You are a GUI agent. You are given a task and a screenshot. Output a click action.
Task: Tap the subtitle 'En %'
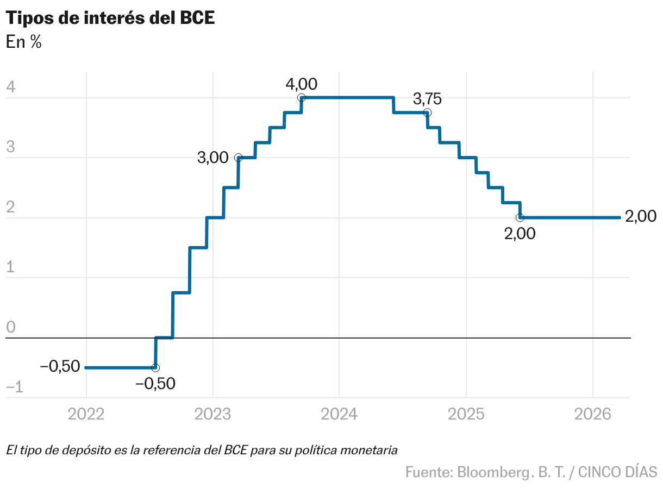(23, 42)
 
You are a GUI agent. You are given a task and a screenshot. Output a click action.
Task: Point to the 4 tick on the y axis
(10, 87)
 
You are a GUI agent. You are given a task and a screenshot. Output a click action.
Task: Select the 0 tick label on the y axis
(10, 327)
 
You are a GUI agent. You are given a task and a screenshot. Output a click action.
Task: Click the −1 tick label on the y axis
(14, 387)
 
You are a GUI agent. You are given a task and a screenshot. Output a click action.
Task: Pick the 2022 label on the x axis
(86, 415)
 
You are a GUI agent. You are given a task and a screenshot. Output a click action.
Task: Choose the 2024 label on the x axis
(339, 415)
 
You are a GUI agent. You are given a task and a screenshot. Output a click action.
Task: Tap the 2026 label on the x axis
(592, 415)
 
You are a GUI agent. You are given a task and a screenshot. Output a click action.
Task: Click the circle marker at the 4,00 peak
(302, 98)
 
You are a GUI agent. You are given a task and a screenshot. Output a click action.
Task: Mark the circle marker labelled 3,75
(427, 112)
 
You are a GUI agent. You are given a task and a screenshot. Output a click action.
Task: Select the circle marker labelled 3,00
(238, 158)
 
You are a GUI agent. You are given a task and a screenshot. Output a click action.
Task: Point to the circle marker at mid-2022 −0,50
(155, 368)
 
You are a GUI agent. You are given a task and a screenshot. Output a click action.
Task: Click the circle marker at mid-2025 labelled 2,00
(520, 217)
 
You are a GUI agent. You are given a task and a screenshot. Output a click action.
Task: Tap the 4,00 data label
(301, 84)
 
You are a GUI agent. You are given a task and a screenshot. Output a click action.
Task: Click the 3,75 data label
(427, 99)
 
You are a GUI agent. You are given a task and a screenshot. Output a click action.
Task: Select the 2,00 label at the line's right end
(641, 217)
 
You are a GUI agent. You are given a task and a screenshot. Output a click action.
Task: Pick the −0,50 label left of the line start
(60, 367)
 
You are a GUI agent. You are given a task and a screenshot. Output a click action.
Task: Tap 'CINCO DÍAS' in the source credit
(617, 472)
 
